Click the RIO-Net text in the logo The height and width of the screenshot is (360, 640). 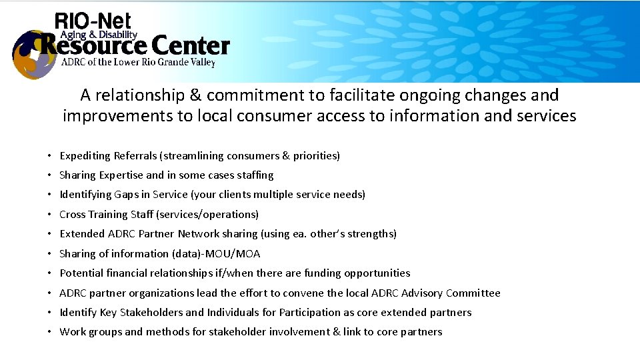tap(93, 21)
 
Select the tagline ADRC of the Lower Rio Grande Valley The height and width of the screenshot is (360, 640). tap(138, 63)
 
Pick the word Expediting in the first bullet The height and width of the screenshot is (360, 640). tap(85, 156)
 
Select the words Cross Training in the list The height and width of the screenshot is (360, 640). tap(92, 215)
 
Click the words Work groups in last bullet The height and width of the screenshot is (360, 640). tap(86, 332)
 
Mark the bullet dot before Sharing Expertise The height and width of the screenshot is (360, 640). tap(50, 175)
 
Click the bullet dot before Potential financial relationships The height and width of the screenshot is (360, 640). tap(50, 273)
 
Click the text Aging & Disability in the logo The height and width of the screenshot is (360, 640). tap(99, 35)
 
